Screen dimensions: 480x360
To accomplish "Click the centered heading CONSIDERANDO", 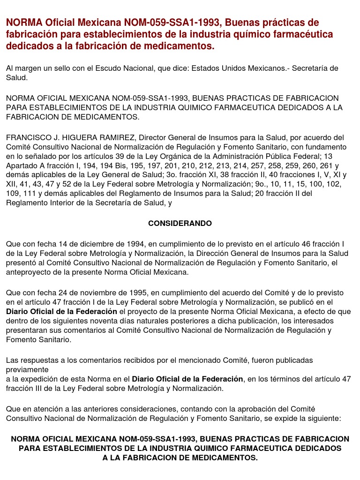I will [x=180, y=224].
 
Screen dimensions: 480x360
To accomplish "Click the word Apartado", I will [x=22, y=165].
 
